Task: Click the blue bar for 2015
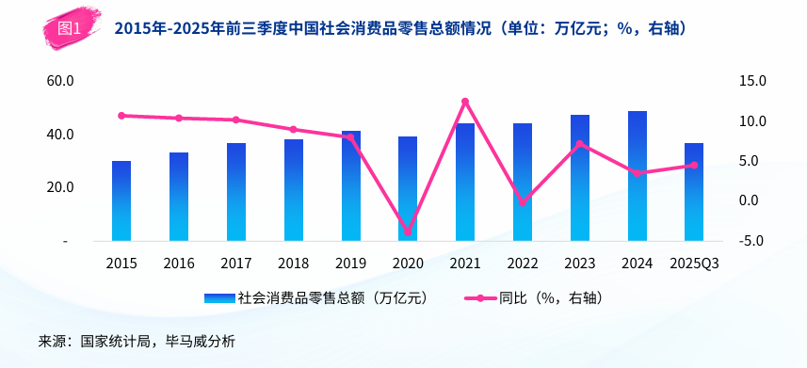(121, 201)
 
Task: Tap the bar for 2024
(638, 177)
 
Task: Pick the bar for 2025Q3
(694, 193)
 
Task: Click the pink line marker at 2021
(465, 102)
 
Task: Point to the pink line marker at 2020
(408, 232)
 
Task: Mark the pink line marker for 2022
(523, 202)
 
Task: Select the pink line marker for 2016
(179, 119)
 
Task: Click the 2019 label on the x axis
(350, 264)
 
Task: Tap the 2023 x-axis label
(580, 264)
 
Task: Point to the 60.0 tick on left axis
(60, 81)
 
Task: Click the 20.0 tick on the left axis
(60, 187)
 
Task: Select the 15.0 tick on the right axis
(753, 81)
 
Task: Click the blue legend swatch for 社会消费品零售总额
(219, 298)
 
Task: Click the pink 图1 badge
(70, 28)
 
